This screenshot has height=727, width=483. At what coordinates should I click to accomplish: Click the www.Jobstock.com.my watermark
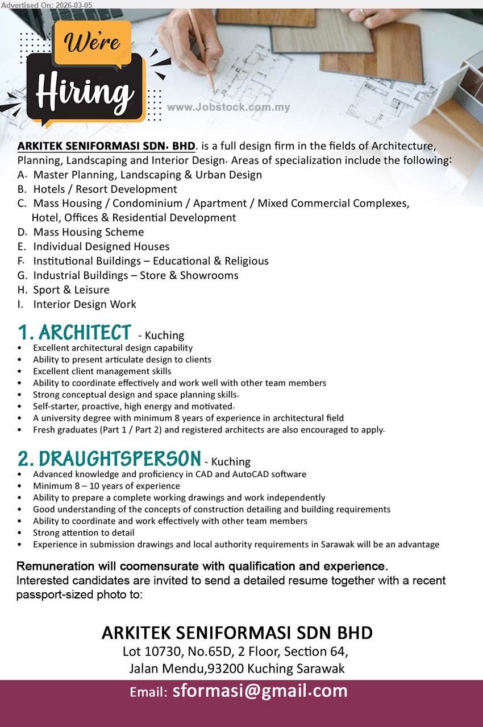[228, 108]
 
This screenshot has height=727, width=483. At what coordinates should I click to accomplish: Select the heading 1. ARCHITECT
[74, 333]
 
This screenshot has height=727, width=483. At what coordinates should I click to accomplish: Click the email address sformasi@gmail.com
[260, 691]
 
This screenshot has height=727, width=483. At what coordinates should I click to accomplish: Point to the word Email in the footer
[148, 692]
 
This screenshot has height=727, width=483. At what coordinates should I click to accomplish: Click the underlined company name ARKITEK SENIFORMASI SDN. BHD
[106, 146]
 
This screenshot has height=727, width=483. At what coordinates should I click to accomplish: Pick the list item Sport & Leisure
[71, 290]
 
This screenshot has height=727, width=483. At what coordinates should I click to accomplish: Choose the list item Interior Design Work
[85, 304]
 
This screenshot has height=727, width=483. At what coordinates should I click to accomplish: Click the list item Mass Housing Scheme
[88, 232]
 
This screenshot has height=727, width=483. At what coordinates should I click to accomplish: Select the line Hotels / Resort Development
[105, 189]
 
